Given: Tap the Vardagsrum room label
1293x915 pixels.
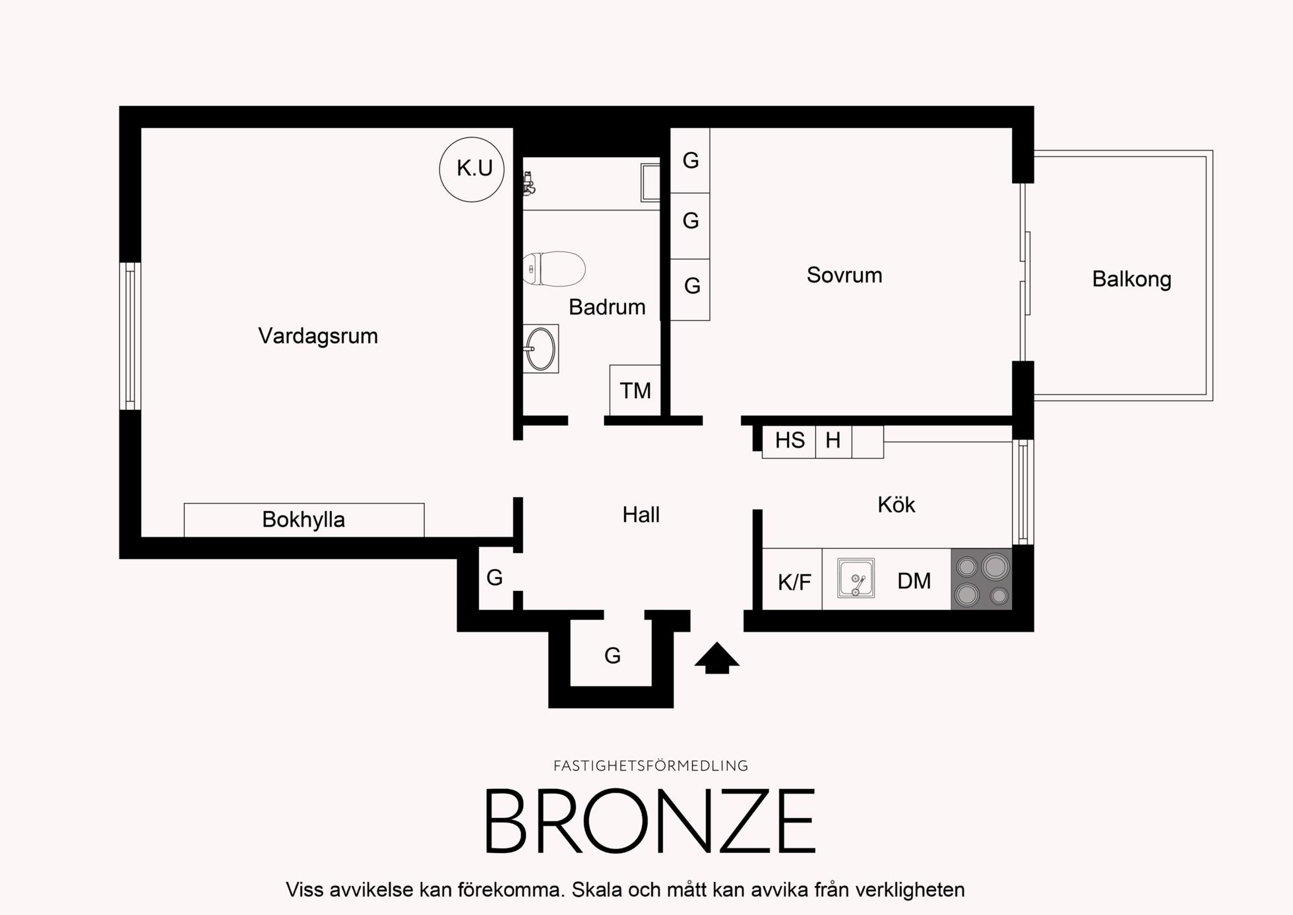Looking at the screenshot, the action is coord(318,336).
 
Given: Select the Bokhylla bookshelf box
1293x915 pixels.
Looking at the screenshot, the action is coord(304,520).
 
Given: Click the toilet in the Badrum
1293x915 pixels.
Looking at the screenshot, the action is coord(554,269).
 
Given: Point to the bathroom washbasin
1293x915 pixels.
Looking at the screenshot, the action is coord(541,349).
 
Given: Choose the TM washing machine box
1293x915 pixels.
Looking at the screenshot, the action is coord(635,391).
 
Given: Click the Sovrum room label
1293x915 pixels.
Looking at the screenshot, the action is coord(844,275).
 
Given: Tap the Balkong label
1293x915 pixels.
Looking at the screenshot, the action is coord(1131,279).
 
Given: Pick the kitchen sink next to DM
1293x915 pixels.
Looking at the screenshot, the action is coord(856,578).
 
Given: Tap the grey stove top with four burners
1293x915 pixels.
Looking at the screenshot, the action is coord(982,580).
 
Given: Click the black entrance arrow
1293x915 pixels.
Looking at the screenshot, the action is coord(717,658).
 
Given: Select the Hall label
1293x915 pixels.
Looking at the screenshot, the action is coord(641,515).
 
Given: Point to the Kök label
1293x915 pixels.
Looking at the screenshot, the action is coord(897,505).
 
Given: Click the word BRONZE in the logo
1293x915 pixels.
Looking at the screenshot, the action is coord(650,822).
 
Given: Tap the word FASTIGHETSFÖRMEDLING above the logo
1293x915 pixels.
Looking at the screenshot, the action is coord(650,766).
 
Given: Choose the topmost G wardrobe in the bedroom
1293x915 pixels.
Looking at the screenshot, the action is coord(690,160).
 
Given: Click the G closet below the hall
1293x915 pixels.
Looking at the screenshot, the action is coord(613,656).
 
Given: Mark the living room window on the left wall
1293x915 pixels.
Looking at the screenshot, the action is coord(130,336).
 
